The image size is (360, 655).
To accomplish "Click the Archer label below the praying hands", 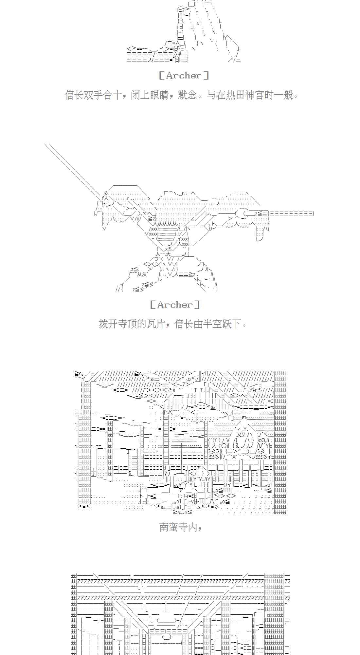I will point(184,76).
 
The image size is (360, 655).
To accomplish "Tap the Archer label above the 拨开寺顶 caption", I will point(175,305).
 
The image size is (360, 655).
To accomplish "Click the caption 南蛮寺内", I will point(178,527).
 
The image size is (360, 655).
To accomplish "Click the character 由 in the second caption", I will point(198,324).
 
